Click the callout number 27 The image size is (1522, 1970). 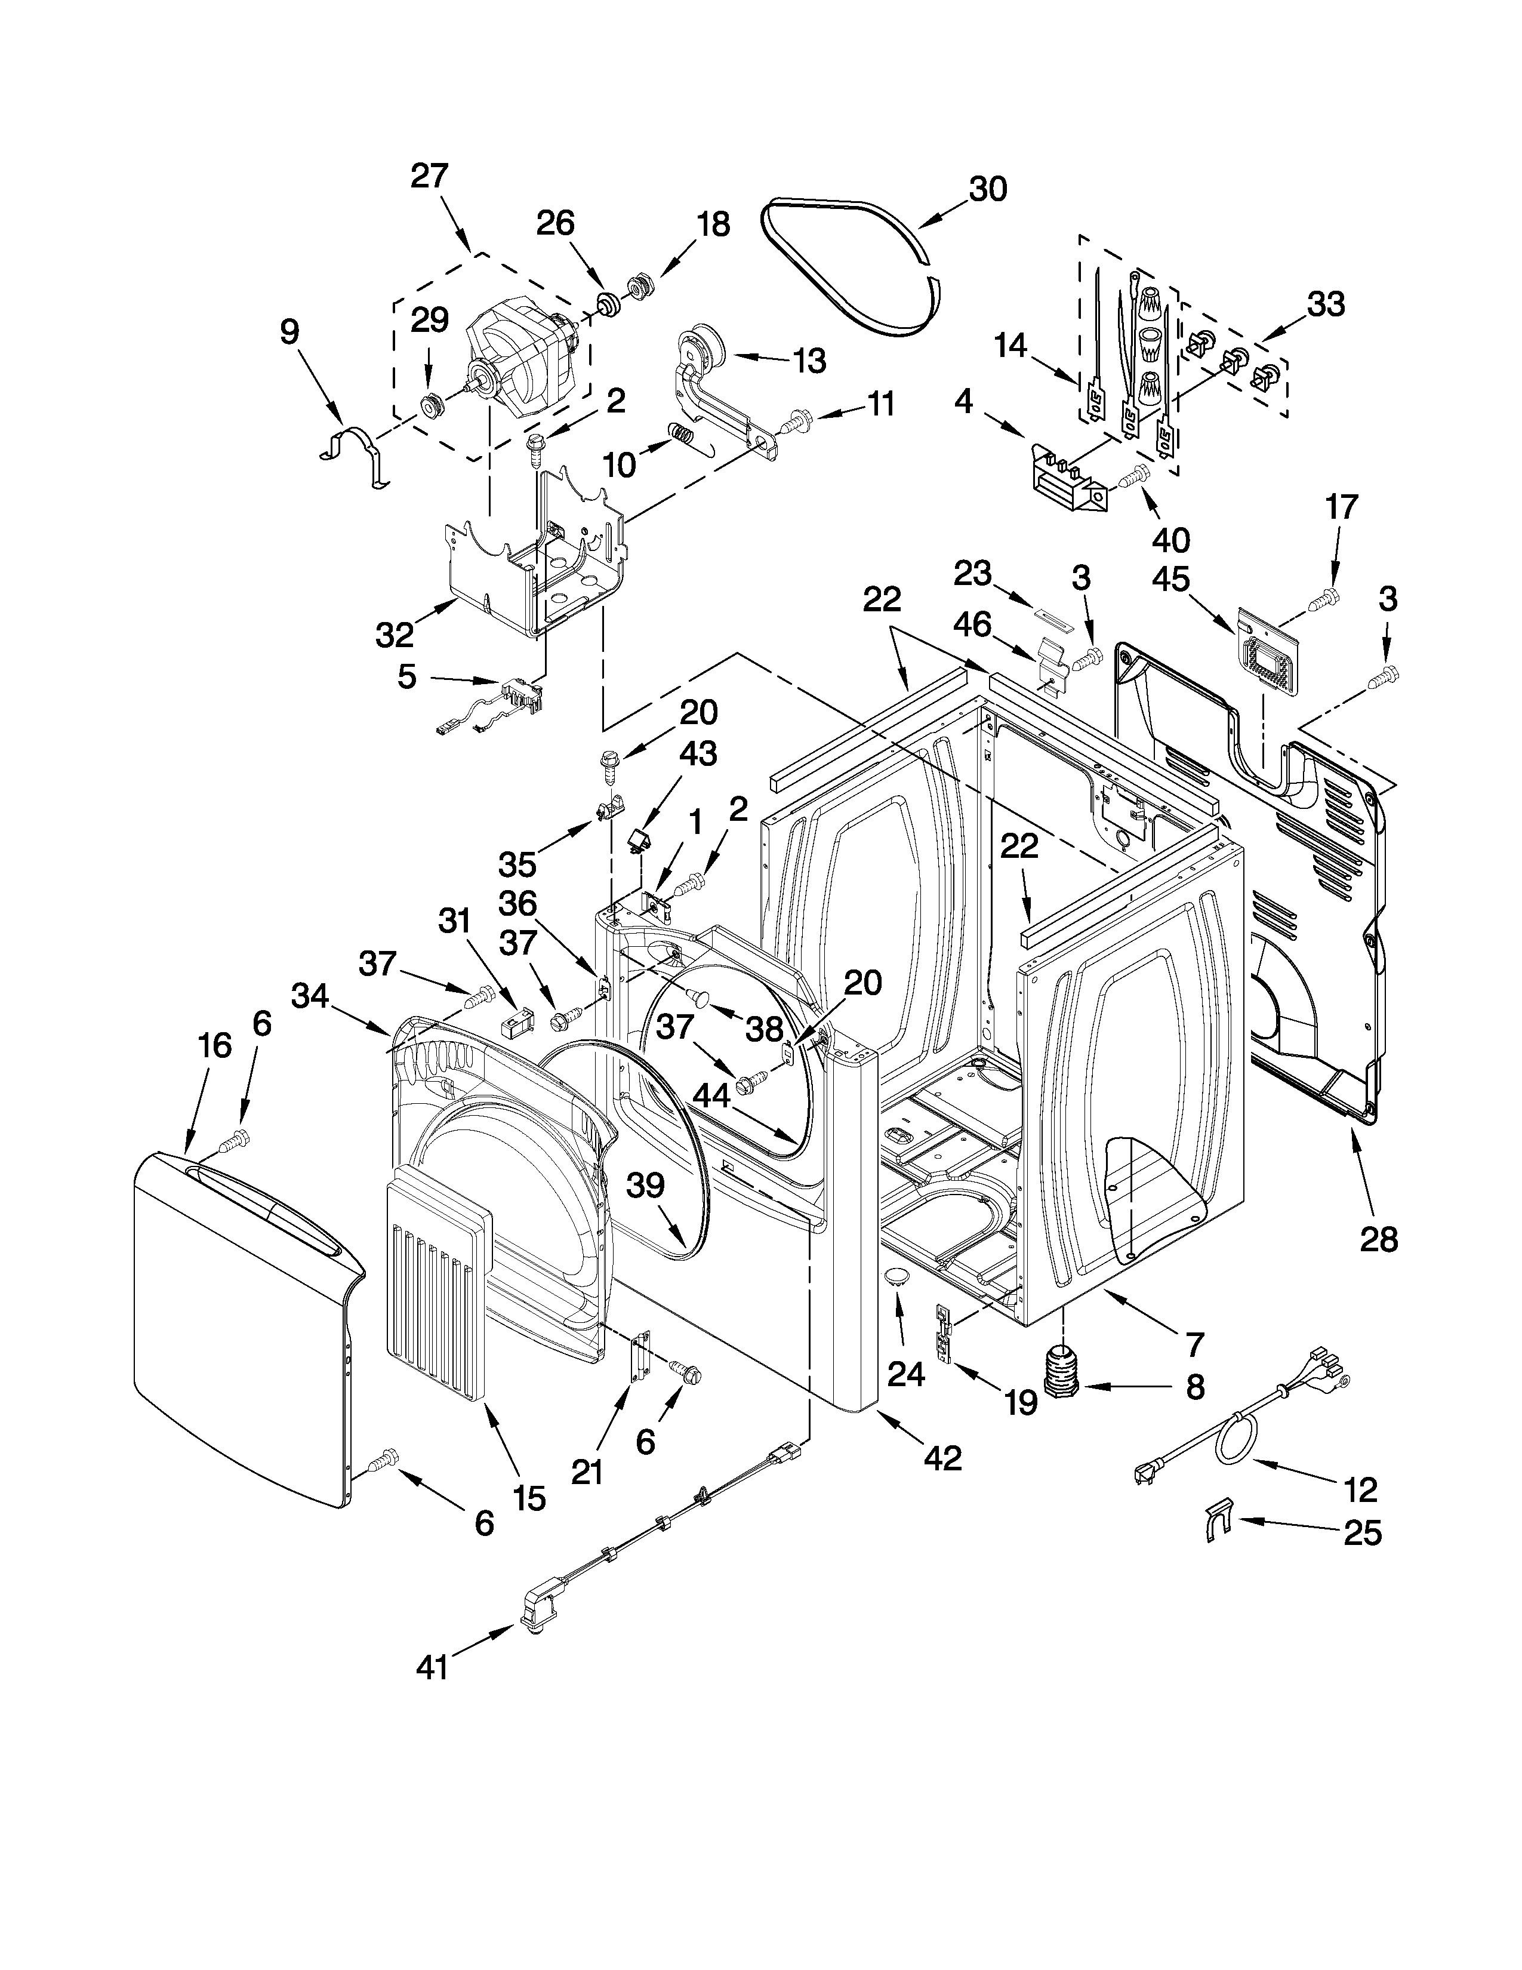click(x=429, y=176)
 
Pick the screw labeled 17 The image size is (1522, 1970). click(x=1327, y=595)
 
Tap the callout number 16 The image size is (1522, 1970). click(x=215, y=1046)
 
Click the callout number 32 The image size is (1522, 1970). click(x=394, y=635)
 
